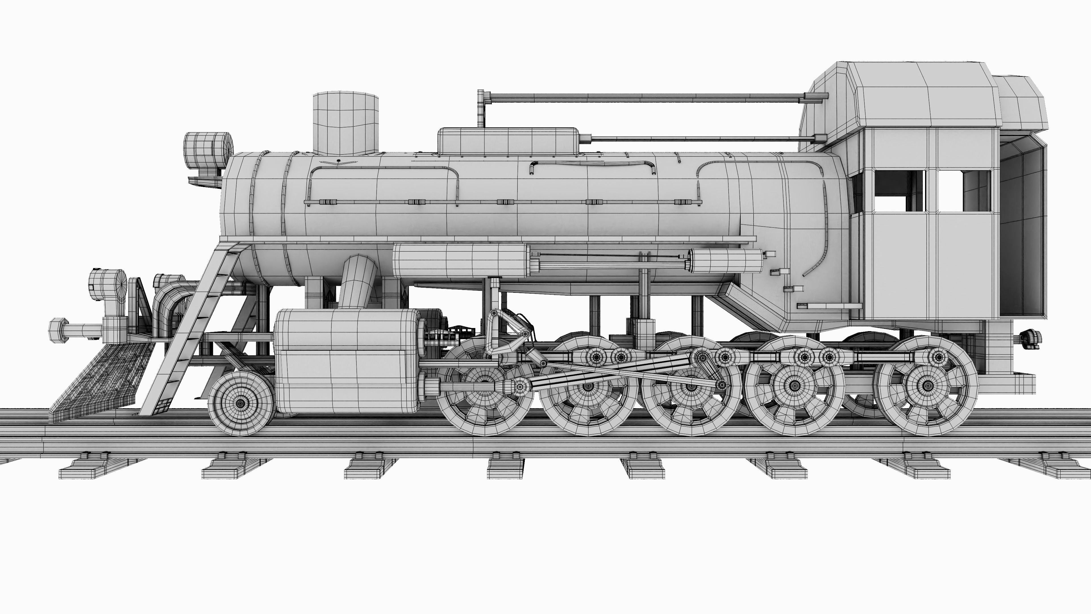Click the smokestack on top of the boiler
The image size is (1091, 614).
click(x=345, y=123)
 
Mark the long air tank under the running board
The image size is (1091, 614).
click(x=461, y=261)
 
